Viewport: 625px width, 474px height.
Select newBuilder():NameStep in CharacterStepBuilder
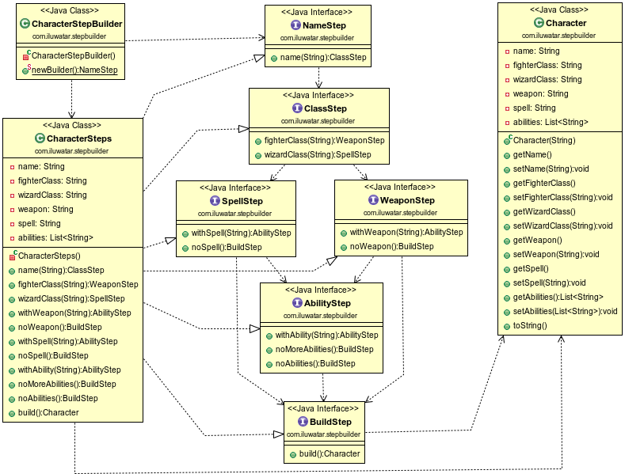pos(74,70)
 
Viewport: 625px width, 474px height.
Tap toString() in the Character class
pos(530,325)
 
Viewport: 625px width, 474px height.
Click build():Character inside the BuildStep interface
pos(330,453)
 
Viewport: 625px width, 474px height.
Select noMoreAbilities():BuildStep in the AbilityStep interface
pos(324,349)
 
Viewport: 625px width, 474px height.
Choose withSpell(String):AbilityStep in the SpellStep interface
pos(241,232)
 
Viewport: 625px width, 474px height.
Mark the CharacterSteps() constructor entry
pos(49,256)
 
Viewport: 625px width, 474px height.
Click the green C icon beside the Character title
pos(538,24)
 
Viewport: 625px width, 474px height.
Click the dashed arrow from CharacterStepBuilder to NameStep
pos(195,37)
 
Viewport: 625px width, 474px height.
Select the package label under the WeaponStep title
pos(400,212)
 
